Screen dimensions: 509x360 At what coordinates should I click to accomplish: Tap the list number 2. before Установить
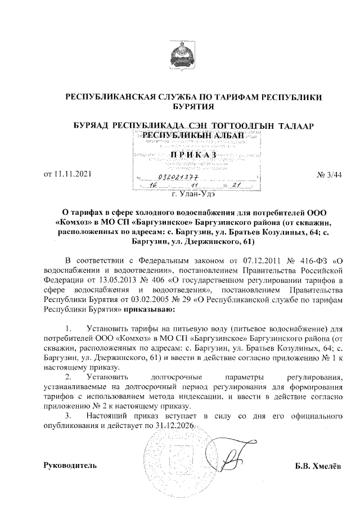click(x=69, y=376)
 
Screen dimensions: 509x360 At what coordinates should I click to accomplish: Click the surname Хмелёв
click(x=328, y=466)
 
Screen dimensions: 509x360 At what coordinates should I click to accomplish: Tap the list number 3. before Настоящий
click(x=69, y=416)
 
